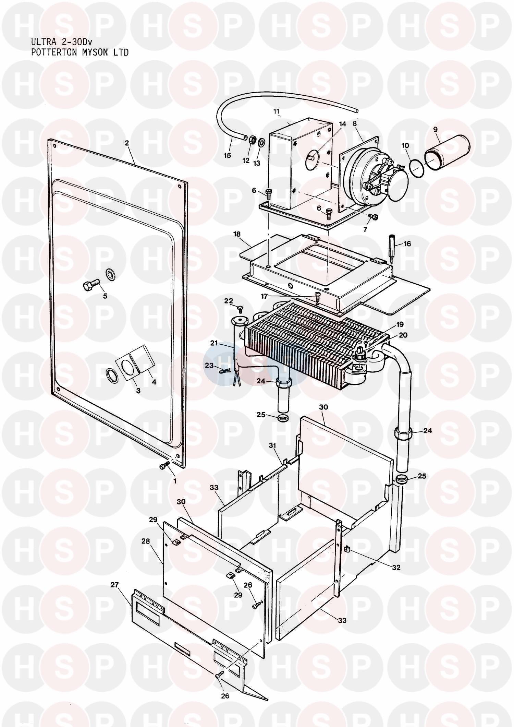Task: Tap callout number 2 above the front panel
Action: (127, 143)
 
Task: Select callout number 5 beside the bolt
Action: (105, 296)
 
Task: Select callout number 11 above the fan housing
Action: (277, 111)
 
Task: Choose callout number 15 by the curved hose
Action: (227, 155)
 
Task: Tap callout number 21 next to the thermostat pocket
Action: (214, 343)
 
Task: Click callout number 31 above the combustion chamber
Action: (272, 445)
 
